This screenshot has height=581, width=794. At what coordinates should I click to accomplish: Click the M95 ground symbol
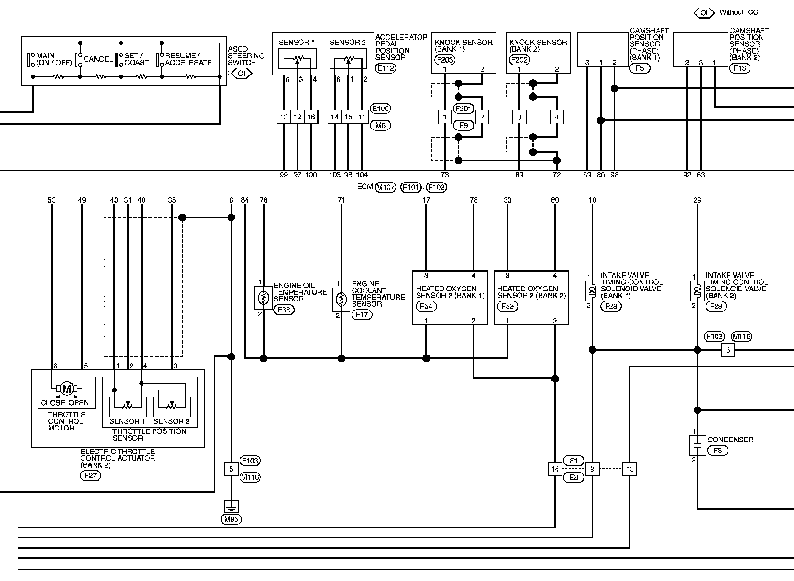click(231, 506)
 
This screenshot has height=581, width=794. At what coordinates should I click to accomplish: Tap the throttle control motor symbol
click(67, 389)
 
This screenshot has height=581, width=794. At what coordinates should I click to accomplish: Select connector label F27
click(90, 475)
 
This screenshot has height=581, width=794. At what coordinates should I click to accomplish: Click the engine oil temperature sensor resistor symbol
click(263, 298)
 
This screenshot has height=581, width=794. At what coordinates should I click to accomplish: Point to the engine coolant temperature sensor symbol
click(341, 300)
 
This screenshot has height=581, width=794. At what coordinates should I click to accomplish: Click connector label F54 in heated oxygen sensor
click(426, 307)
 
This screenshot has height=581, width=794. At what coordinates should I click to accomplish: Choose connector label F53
click(507, 307)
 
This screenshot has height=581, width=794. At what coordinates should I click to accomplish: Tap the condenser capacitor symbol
click(697, 445)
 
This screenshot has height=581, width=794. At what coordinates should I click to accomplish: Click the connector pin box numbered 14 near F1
click(555, 469)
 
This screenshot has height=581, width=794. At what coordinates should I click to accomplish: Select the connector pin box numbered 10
click(629, 469)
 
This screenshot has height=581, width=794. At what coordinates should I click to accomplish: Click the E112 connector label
click(386, 68)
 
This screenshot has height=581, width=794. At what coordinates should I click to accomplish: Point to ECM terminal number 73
click(445, 175)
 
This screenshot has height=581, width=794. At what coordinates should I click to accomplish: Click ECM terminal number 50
click(52, 200)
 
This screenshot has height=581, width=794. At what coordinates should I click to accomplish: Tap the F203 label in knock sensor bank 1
click(445, 60)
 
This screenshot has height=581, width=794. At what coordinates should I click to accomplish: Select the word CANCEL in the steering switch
click(98, 59)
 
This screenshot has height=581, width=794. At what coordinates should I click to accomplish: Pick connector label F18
click(741, 68)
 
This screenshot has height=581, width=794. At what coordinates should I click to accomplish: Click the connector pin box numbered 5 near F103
click(231, 469)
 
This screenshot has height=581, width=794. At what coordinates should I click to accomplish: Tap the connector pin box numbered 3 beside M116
click(728, 350)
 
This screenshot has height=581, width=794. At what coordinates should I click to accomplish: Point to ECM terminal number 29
click(697, 200)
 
